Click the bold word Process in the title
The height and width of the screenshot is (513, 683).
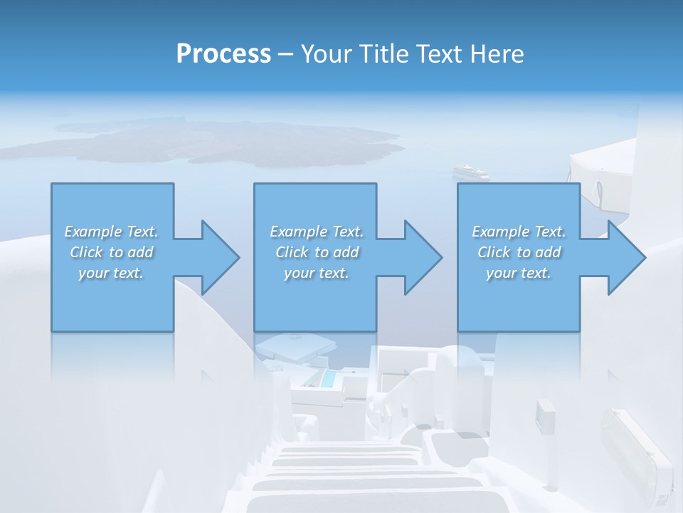pyautogui.click(x=223, y=54)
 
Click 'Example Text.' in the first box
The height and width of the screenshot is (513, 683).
pyautogui.click(x=111, y=232)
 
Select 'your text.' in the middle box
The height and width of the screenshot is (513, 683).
pyautogui.click(x=316, y=273)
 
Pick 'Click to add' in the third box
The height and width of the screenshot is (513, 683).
pyautogui.click(x=519, y=252)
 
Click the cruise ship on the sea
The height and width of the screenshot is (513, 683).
pyautogui.click(x=472, y=172)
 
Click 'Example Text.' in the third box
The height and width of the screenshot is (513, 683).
pyautogui.click(x=519, y=232)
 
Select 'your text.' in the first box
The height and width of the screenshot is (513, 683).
pyautogui.click(x=111, y=273)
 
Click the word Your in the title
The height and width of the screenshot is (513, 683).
pyautogui.click(x=324, y=54)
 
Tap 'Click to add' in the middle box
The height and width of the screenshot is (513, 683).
pyautogui.click(x=316, y=252)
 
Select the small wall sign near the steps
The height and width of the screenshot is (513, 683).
pyautogui.click(x=545, y=417)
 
